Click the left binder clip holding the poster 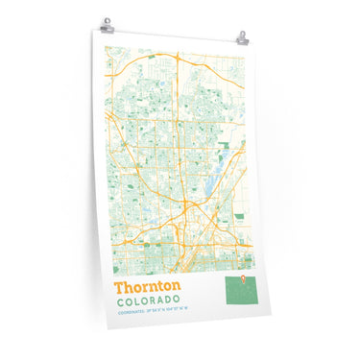pos(108,24)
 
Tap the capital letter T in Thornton pos(118,286)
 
